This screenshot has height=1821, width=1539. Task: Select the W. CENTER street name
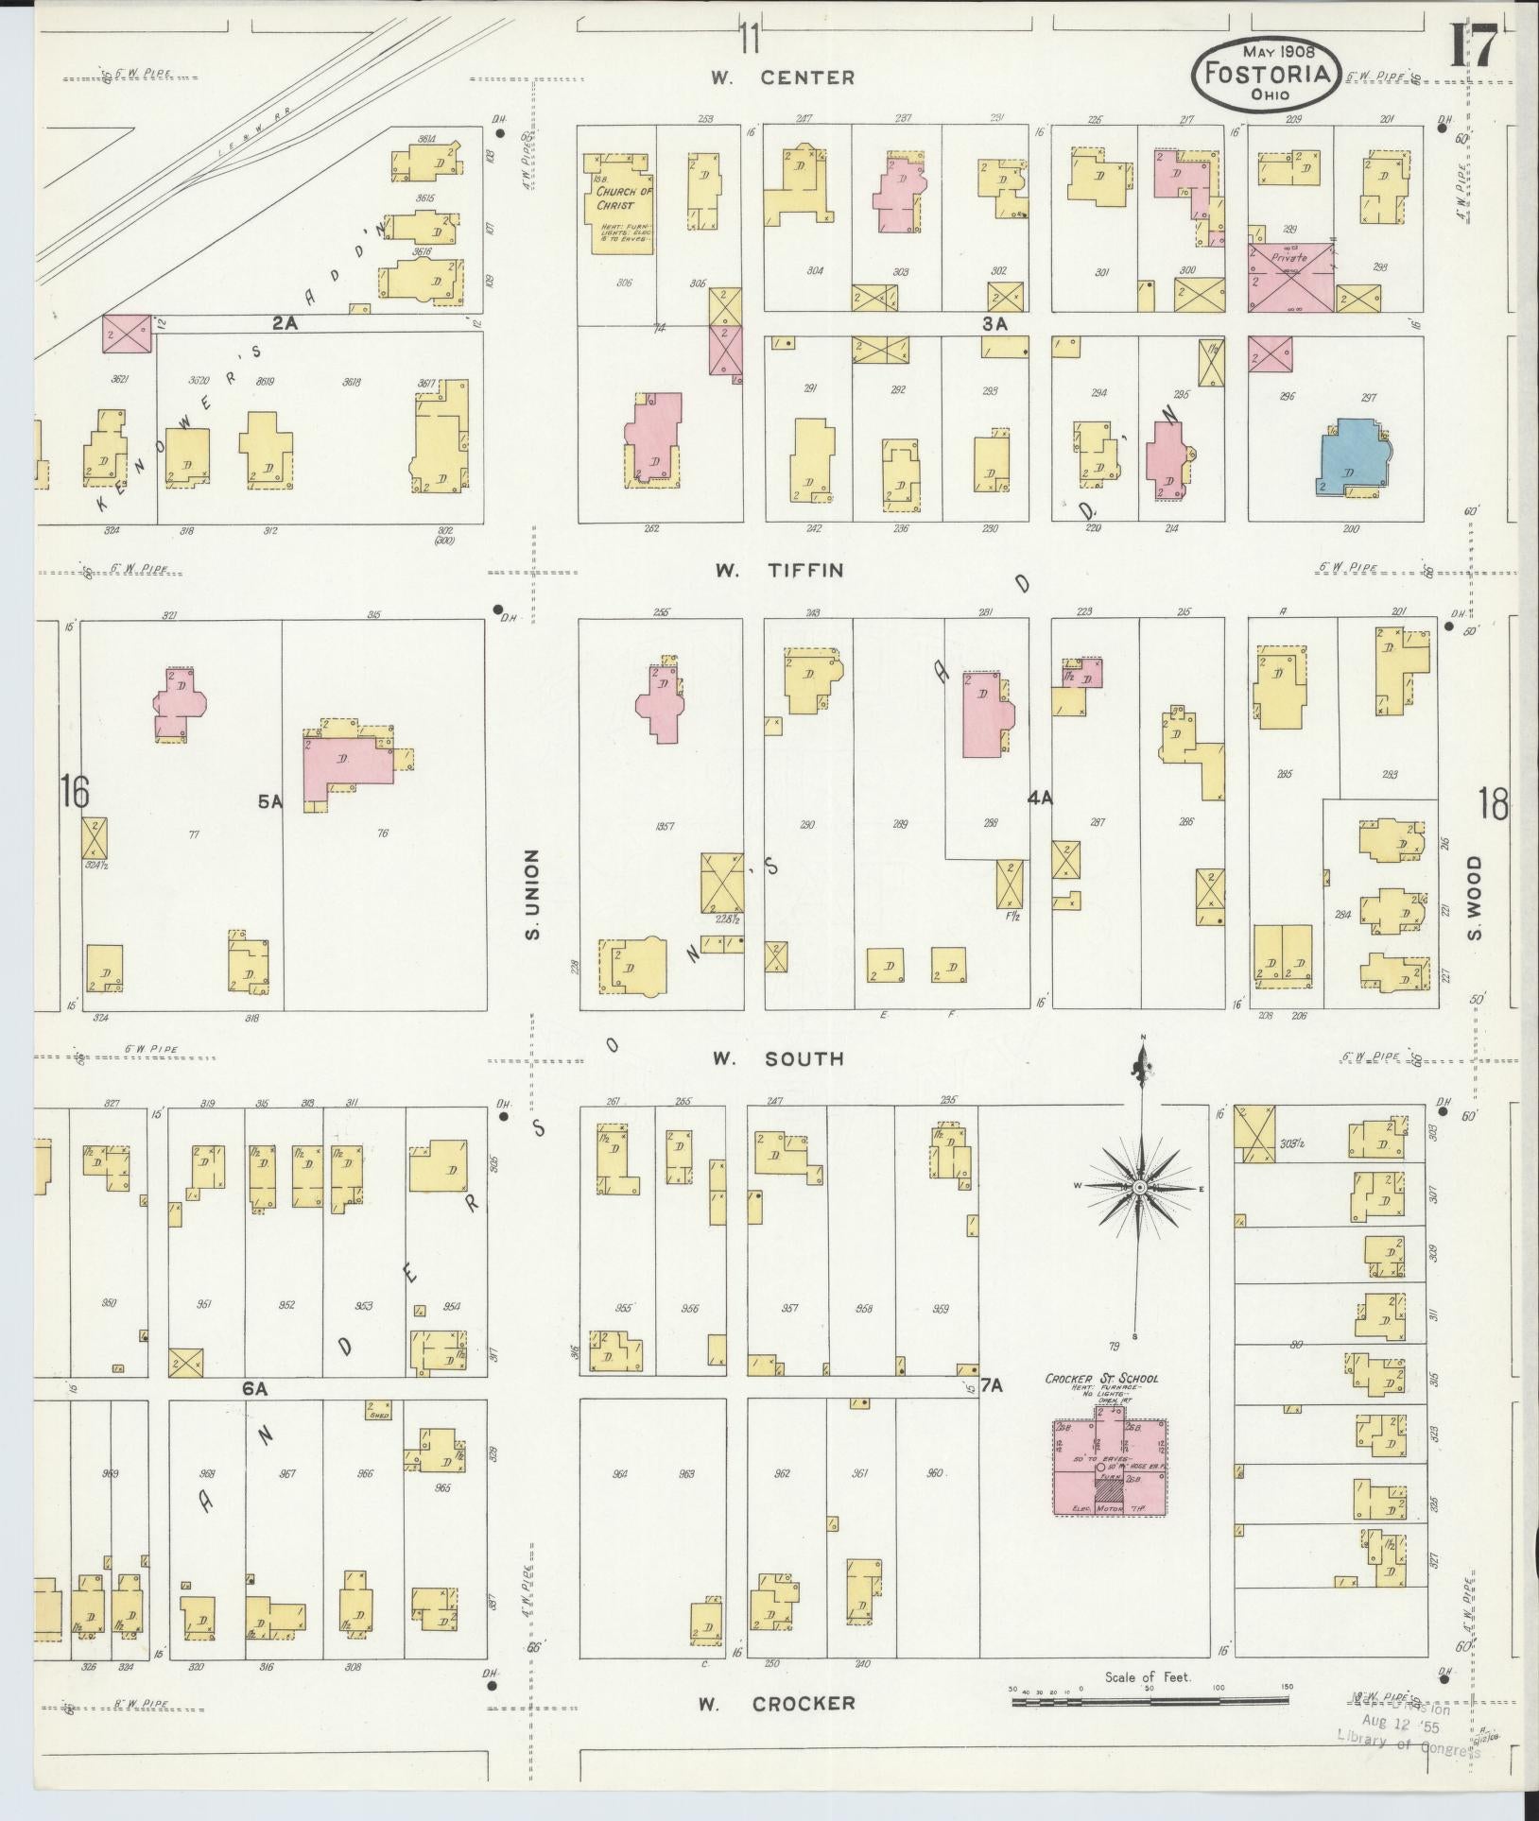point(784,78)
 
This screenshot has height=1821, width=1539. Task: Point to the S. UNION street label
point(533,893)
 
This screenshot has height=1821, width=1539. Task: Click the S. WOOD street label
point(1475,899)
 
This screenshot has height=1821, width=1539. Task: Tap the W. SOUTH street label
point(779,1058)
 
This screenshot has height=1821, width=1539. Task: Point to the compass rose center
point(1140,1186)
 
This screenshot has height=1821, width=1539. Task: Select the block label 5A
point(270,802)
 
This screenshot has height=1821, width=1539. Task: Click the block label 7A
point(991,1386)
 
